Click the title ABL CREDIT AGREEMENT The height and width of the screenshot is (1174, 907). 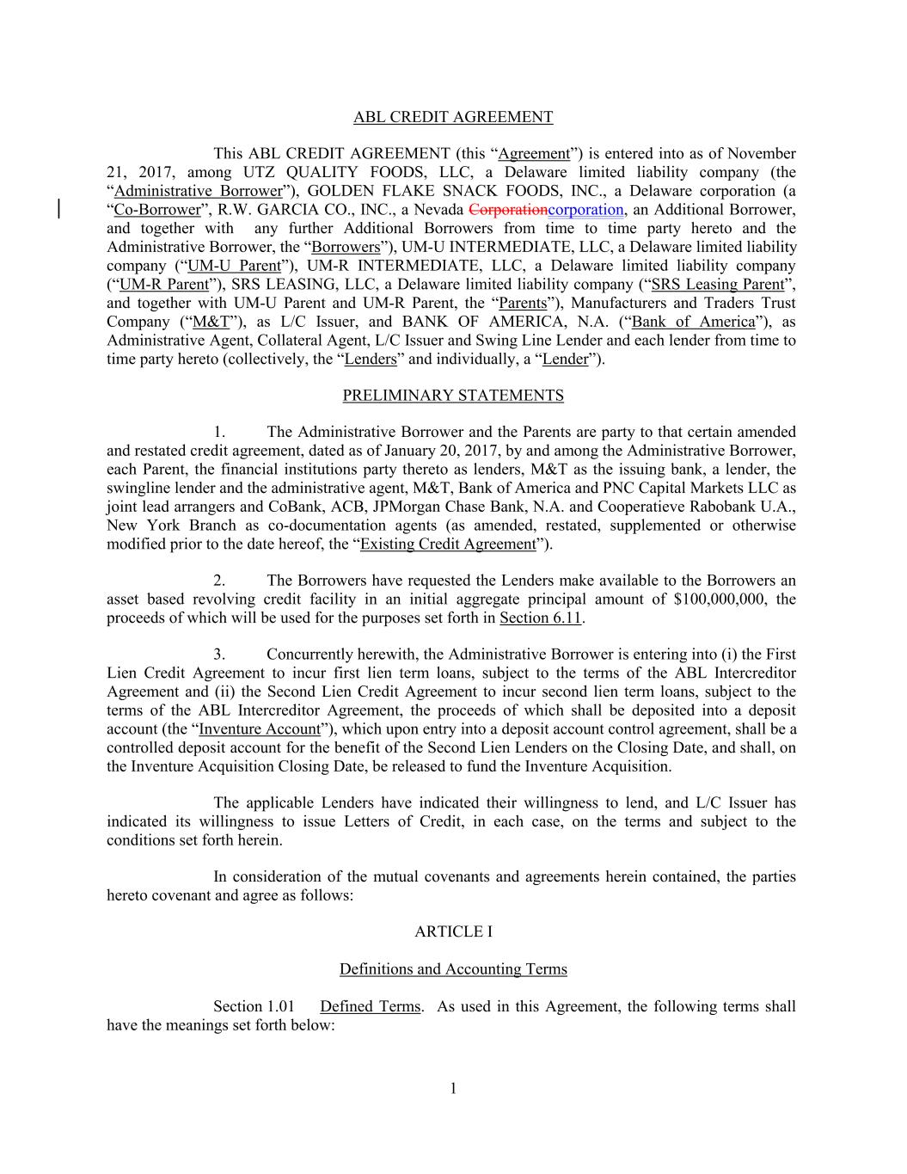coord(453,117)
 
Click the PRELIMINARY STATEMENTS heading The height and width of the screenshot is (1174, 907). coord(453,396)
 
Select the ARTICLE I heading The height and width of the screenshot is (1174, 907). coord(453,931)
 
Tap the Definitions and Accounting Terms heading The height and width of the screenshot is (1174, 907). coord(453,969)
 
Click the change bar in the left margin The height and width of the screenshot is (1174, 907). coord(58,210)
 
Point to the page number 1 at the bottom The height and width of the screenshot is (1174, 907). coord(453,1090)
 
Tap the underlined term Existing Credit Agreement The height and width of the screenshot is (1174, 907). coord(448,544)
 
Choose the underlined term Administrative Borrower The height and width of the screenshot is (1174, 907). coord(199,191)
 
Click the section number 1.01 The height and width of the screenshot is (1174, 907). coord(279,1006)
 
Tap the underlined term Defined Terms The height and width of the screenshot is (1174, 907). coord(370,1006)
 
